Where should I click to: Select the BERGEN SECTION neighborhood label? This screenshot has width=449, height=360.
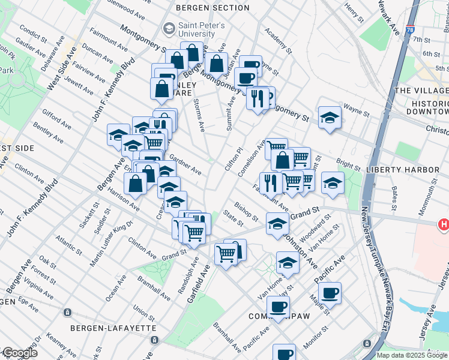tap(212, 8)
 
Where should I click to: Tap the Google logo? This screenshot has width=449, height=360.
tap(19, 353)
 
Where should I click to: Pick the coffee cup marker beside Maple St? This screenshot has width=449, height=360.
tap(330, 293)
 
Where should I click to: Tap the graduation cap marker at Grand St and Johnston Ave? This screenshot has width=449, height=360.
tap(277, 223)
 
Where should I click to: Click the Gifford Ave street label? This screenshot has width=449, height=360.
tap(56, 119)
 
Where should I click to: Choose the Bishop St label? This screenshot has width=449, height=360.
tap(246, 211)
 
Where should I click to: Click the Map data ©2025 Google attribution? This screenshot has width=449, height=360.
tap(412, 355)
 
